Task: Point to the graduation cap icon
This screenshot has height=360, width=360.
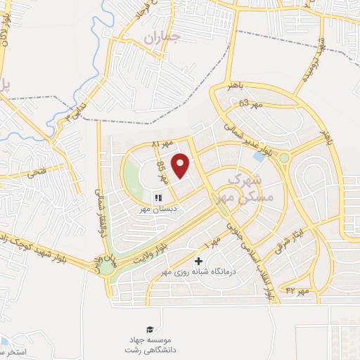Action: [x=149, y=329]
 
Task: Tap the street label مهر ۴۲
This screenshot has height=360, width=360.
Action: [x=297, y=290]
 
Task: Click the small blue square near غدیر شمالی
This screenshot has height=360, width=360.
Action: [x=259, y=157]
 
